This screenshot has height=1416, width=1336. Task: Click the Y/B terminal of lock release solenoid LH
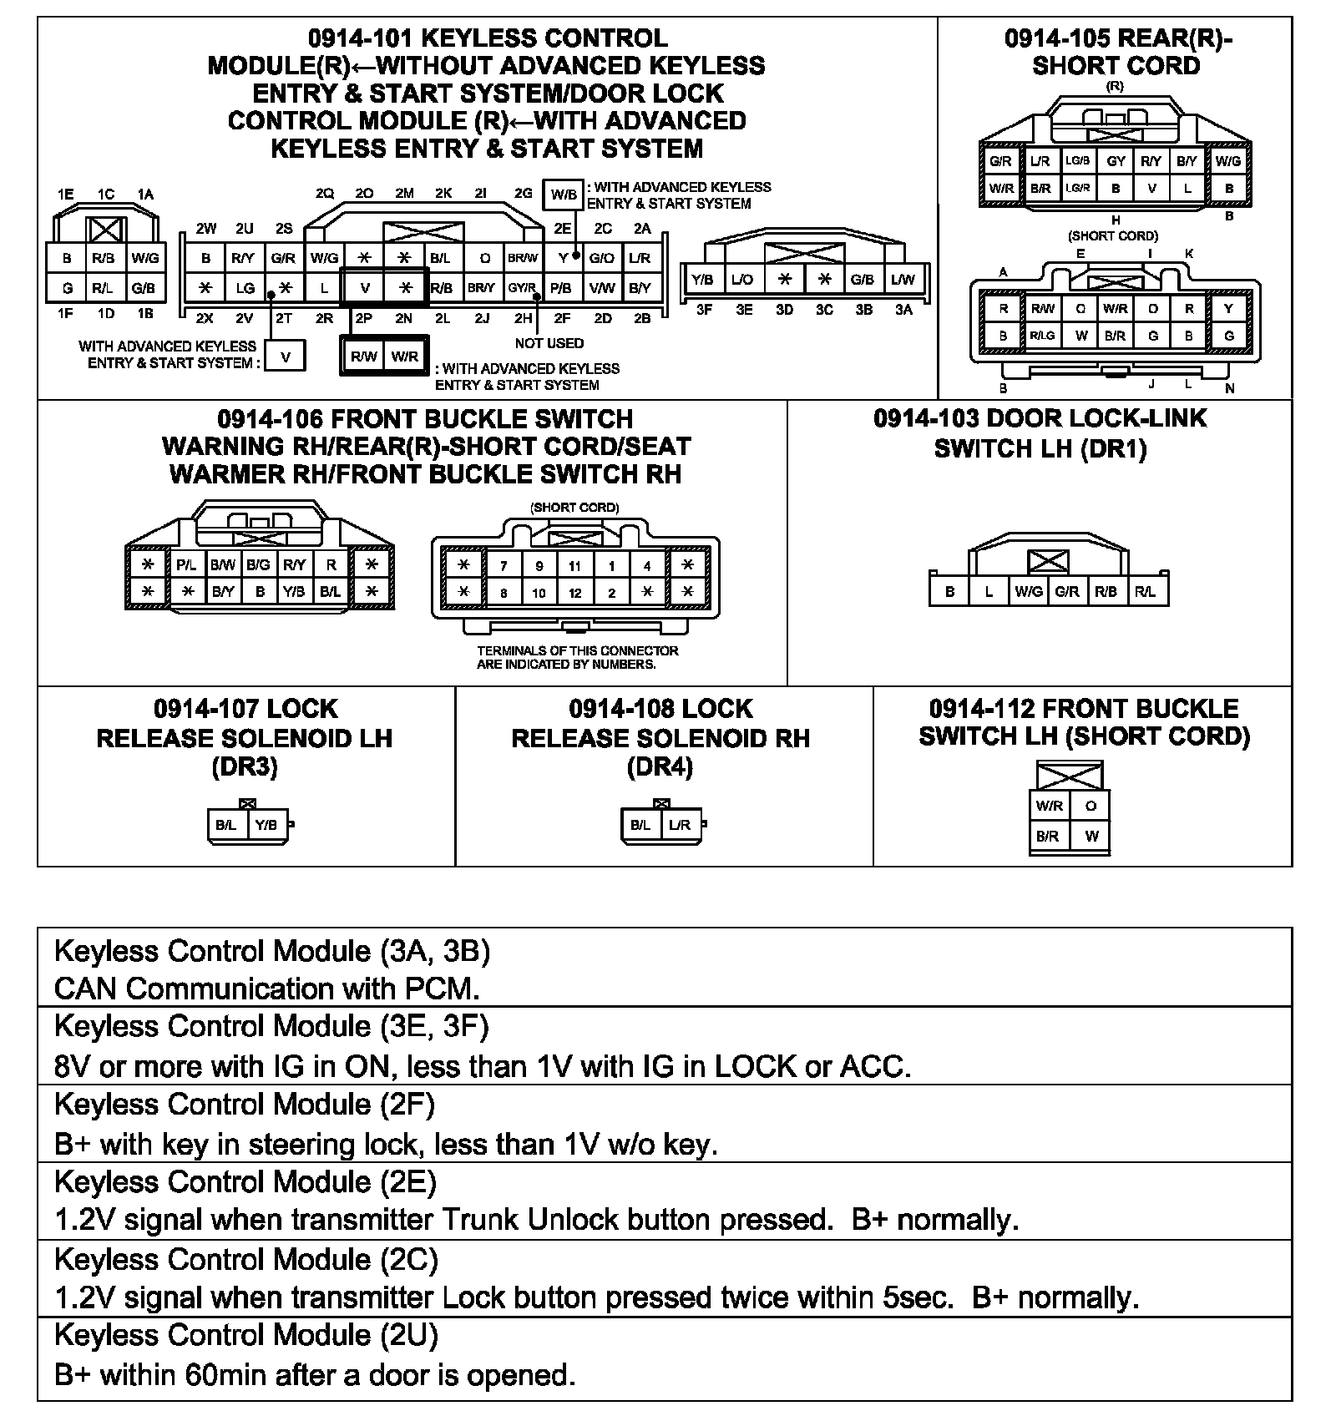click(x=266, y=825)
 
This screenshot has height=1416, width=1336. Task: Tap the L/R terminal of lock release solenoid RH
click(x=680, y=825)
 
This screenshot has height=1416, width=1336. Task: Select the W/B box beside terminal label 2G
click(x=563, y=195)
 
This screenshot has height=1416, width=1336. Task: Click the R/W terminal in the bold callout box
click(x=364, y=357)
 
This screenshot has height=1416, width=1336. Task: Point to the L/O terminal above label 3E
click(x=741, y=280)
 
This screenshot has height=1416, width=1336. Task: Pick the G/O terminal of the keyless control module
click(x=602, y=258)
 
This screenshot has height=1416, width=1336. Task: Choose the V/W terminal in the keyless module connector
click(x=602, y=288)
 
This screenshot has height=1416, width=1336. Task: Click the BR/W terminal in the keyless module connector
click(x=524, y=258)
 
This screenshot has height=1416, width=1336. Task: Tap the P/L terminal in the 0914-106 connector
click(x=186, y=565)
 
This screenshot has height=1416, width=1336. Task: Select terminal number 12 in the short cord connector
click(x=574, y=593)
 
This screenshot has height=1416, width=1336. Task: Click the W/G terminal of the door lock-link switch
click(x=1028, y=591)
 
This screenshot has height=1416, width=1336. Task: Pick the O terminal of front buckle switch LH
click(x=1091, y=806)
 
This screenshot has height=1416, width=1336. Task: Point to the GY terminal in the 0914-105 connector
click(x=1116, y=161)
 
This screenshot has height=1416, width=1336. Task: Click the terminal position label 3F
click(x=704, y=310)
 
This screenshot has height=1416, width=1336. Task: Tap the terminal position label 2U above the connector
click(x=244, y=229)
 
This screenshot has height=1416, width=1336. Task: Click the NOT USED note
click(x=549, y=343)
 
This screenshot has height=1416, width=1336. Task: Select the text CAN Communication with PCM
click(x=267, y=989)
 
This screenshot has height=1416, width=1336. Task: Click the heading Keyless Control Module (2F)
click(x=245, y=1105)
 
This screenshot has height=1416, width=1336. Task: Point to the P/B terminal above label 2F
click(x=562, y=288)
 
